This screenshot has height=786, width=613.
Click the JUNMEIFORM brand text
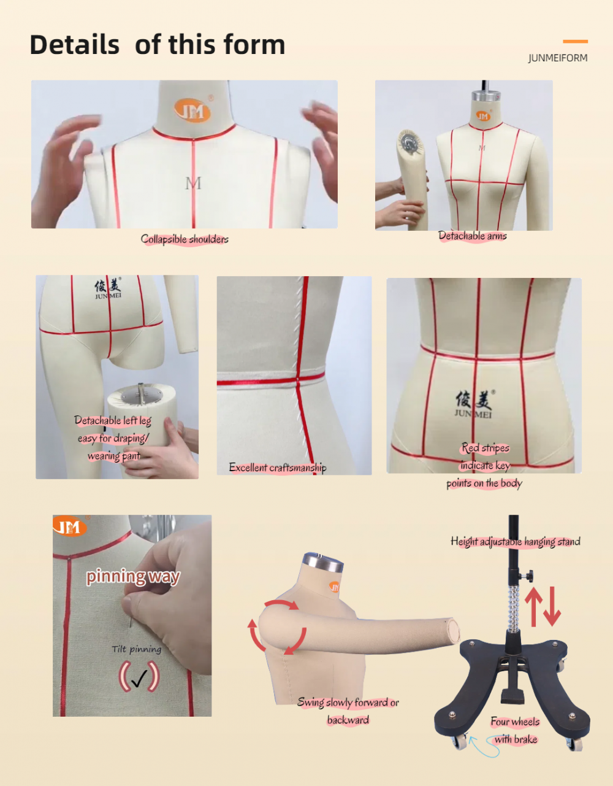tap(558, 58)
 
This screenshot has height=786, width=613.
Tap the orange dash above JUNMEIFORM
tap(576, 42)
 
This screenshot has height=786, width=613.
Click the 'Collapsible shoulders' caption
tap(185, 239)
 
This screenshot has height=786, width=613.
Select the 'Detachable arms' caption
tap(473, 236)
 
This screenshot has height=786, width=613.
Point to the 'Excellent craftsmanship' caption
tap(278, 468)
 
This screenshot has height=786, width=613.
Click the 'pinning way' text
tap(133, 576)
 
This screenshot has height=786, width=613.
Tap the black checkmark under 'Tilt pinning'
tap(139, 678)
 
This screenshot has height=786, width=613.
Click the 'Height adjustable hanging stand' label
tap(516, 541)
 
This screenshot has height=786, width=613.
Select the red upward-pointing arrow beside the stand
tap(533, 607)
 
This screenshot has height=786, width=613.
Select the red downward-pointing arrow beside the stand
tap(552, 607)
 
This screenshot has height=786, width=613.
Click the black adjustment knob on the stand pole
tap(527, 576)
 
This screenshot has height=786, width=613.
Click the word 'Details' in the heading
tap(75, 45)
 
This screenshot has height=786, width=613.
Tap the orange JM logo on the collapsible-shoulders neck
tap(192, 110)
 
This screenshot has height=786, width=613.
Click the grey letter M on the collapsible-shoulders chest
tap(193, 183)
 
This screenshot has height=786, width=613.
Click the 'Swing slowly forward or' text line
tap(348, 703)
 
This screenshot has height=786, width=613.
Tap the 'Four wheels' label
tap(515, 722)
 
